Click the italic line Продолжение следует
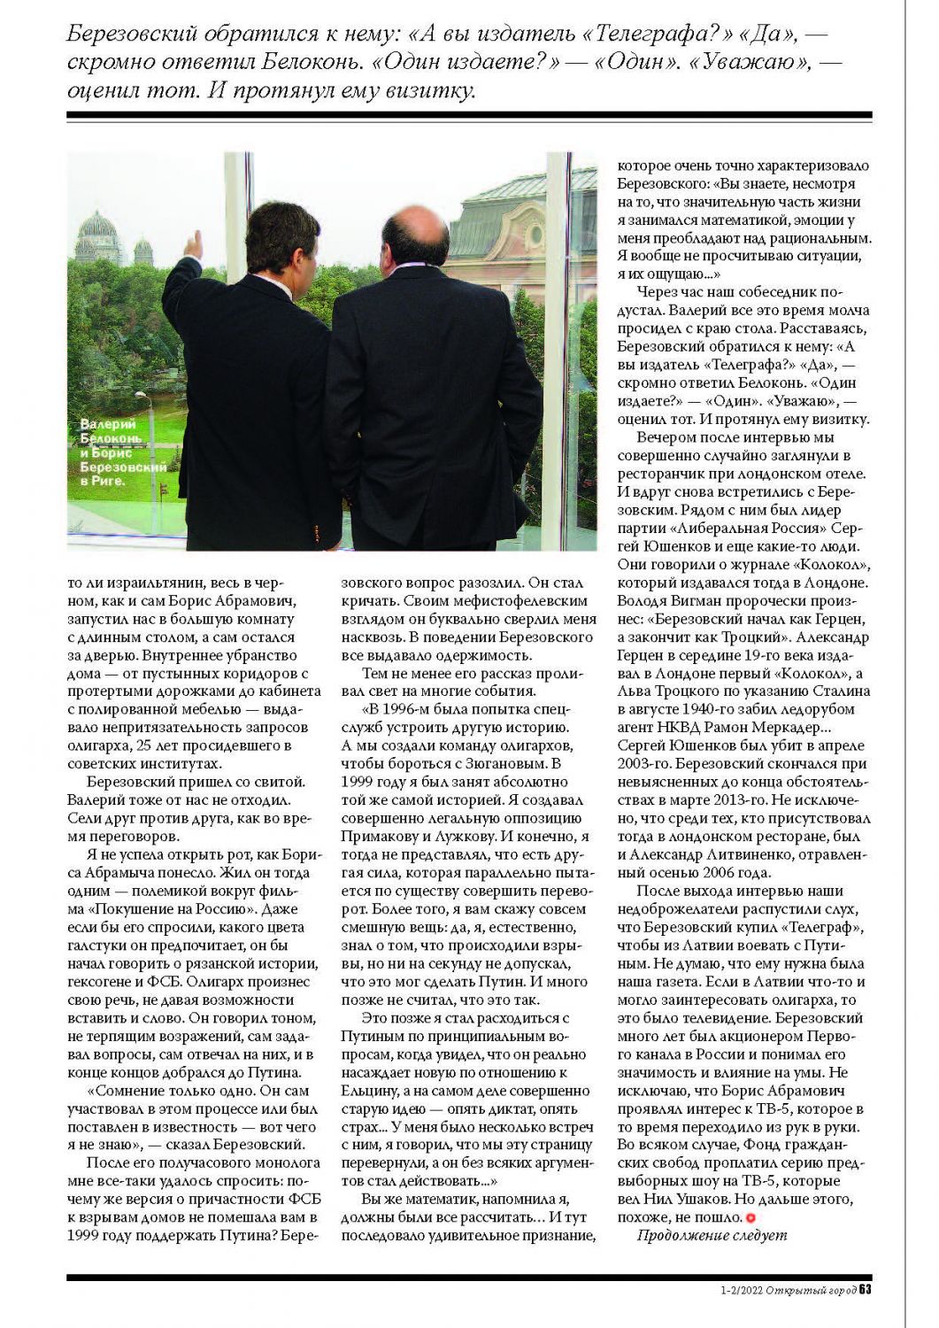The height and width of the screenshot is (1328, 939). (x=712, y=1235)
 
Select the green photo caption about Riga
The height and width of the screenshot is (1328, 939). (x=112, y=452)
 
